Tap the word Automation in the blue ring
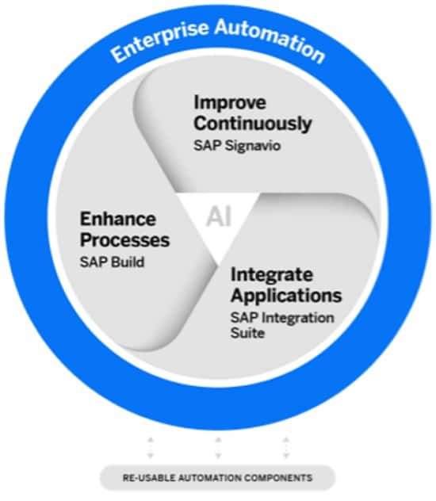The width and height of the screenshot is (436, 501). [270, 40]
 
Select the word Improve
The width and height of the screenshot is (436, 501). [230, 103]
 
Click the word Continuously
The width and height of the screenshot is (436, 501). [253, 124]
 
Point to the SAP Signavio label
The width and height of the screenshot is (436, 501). [237, 146]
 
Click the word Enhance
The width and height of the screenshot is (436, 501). [118, 219]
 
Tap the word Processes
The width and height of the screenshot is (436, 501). [124, 240]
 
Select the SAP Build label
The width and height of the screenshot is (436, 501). [112, 262]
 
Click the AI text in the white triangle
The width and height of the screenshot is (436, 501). [219, 216]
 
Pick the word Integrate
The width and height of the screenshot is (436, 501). [271, 275]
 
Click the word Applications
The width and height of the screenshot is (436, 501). [286, 295]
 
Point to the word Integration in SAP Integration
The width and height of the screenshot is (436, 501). [298, 318]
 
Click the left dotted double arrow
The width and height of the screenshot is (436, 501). [151, 448]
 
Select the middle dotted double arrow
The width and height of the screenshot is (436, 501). [218, 448]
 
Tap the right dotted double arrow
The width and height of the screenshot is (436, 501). [286, 448]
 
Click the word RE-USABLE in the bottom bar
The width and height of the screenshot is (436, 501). [149, 478]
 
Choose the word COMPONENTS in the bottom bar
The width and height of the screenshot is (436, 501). [278, 478]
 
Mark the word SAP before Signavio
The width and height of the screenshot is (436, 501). [208, 146]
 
